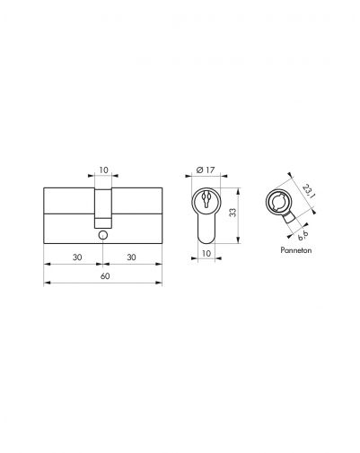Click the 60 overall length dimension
pos(105,277)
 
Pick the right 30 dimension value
pos(133,255)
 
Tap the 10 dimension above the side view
pos(104,167)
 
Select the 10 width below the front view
pos(206,255)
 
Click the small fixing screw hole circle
pos(104,235)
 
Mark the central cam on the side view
pos(104,206)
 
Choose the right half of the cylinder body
pos(139,213)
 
